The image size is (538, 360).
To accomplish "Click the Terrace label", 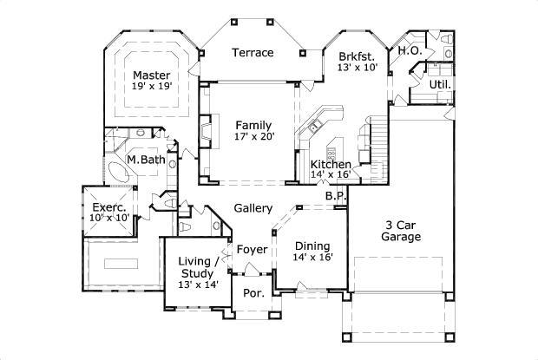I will (253, 53).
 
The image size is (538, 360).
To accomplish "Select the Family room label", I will (253, 125).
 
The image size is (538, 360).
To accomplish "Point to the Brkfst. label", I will (358, 55).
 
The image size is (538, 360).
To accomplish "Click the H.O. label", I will (410, 51).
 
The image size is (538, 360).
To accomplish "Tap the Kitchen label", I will (331, 164).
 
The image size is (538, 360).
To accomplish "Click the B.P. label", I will (336, 196).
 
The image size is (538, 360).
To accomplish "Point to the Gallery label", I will (253, 208).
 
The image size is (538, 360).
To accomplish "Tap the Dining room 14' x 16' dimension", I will (311, 258).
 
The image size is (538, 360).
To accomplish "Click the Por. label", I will (253, 293).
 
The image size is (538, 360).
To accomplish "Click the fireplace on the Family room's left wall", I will (205, 131).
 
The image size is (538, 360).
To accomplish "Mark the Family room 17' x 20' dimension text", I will (253, 137).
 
